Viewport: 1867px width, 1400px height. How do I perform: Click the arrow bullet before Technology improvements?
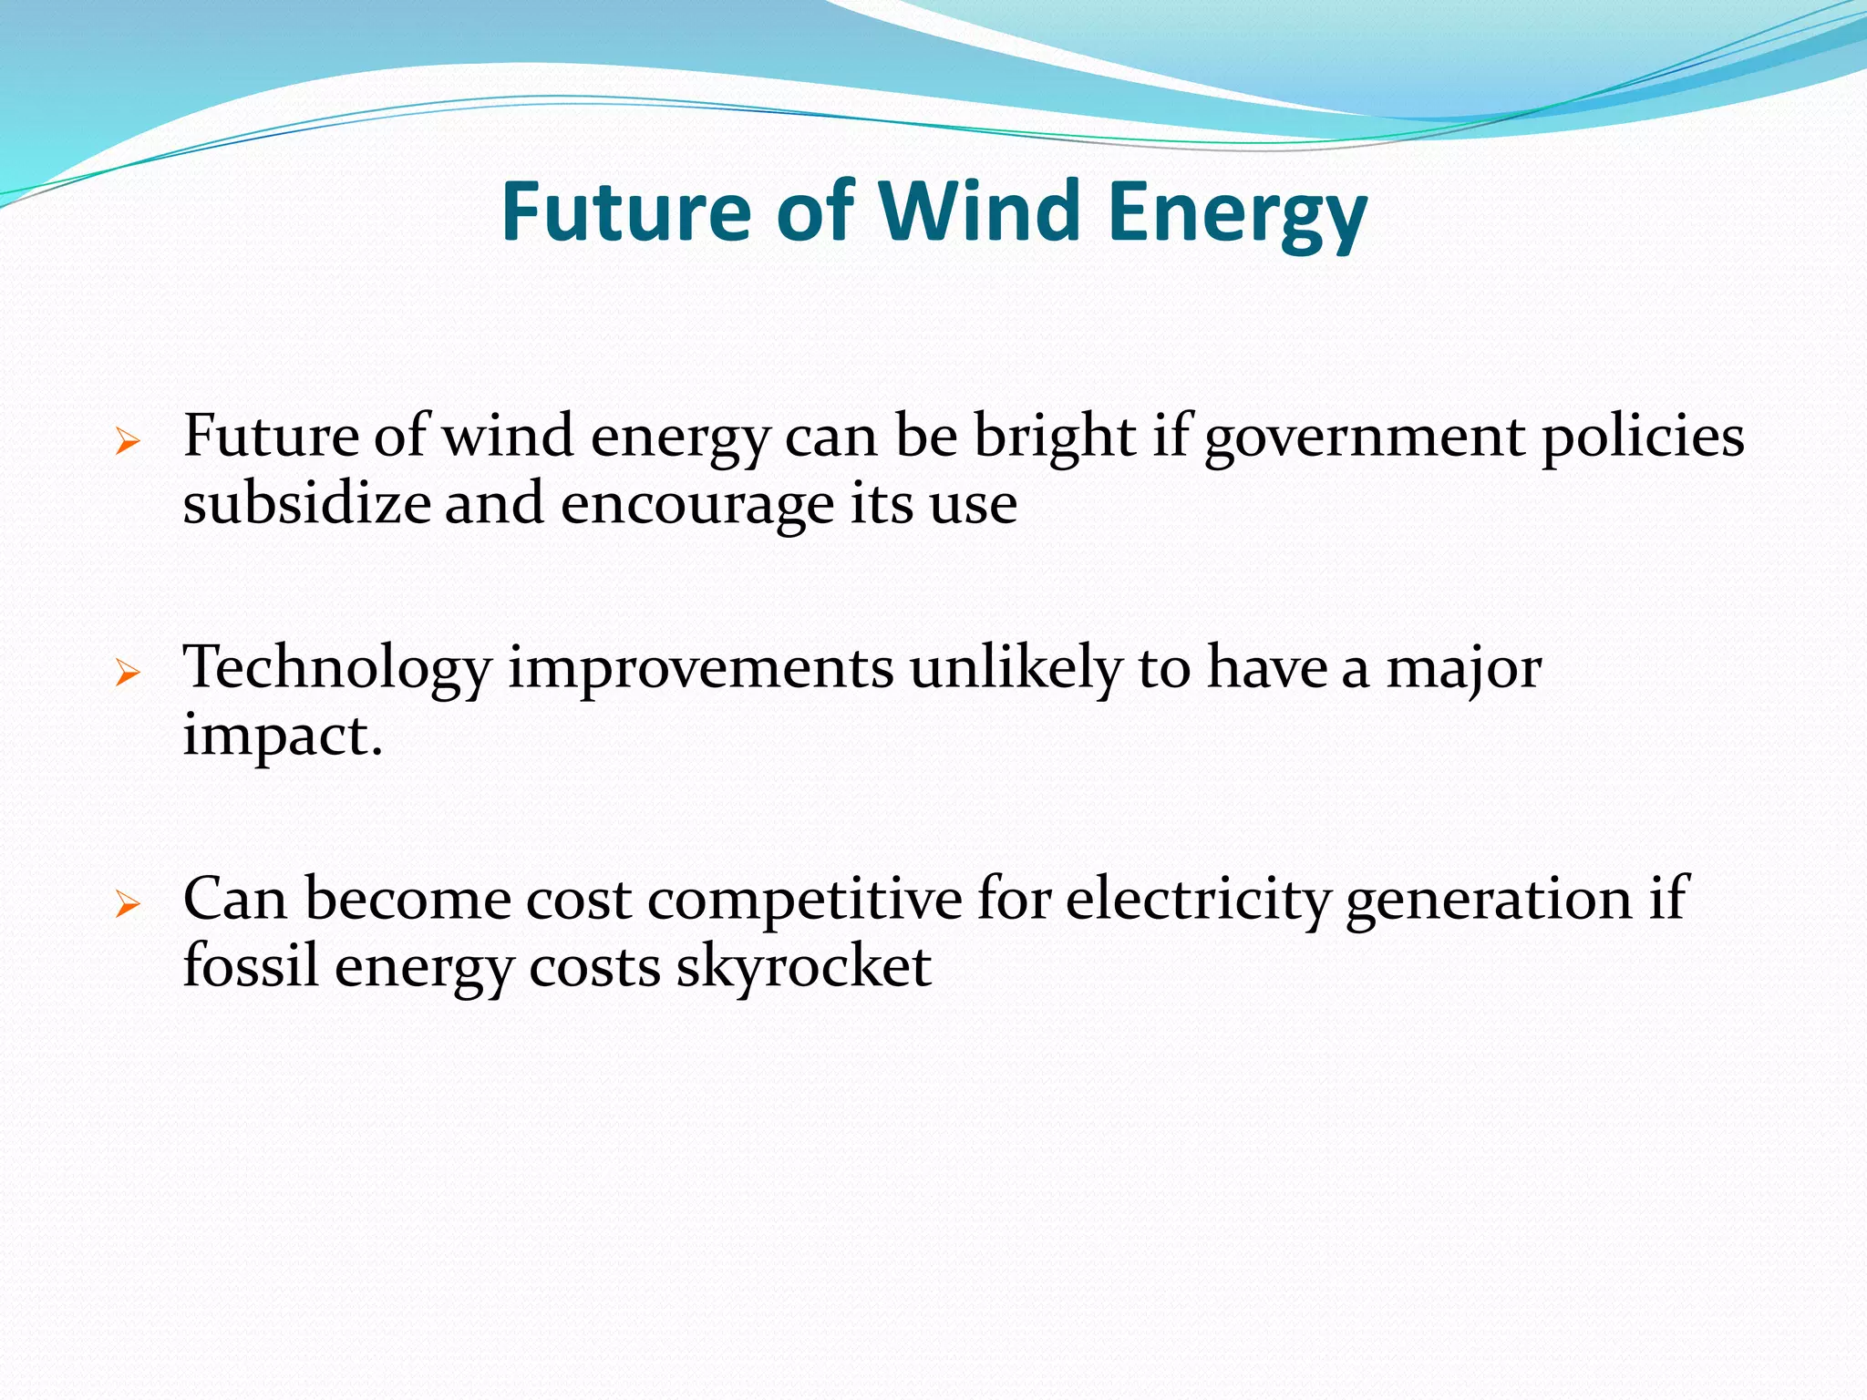[128, 674]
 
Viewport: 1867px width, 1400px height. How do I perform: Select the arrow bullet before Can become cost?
[128, 904]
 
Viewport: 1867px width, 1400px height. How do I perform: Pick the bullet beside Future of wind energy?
[128, 443]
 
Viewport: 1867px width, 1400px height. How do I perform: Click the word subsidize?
[306, 503]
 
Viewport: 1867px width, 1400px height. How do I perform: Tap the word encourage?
[696, 503]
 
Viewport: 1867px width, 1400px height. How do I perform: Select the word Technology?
[337, 669]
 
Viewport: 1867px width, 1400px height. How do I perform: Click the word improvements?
[700, 669]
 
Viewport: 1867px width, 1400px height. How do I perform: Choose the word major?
[1463, 669]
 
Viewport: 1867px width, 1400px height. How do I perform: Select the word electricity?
[1198, 899]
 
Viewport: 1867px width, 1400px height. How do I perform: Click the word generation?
[1489, 899]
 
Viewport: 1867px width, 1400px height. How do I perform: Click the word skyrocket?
[803, 966]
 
